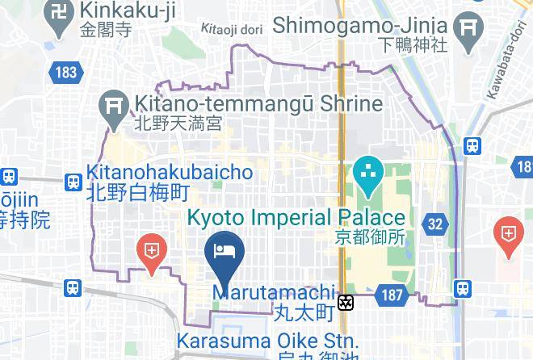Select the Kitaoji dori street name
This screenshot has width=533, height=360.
coord(233,28)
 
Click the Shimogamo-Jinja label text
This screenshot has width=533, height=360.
coord(359,26)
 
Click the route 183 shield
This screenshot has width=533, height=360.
coord(66,73)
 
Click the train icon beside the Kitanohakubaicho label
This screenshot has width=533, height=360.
coord(73,182)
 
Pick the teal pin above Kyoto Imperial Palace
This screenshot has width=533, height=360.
coord(368,176)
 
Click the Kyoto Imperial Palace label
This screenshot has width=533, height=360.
coord(296,218)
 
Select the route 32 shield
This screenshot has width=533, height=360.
coord(435,224)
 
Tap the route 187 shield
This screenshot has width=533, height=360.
coord(392,296)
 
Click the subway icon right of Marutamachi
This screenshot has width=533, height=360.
coord(346,303)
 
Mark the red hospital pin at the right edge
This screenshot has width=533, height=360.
coord(509,235)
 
